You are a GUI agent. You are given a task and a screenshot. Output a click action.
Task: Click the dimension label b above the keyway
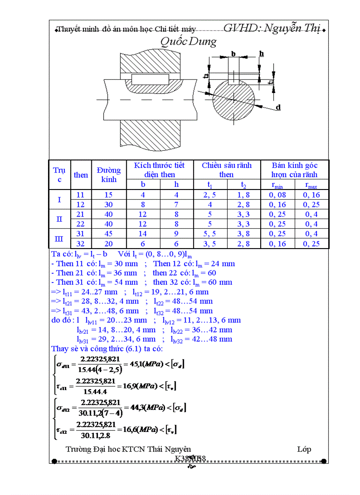tap(233, 54)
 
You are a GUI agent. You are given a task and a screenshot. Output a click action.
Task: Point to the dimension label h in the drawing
tap(261, 54)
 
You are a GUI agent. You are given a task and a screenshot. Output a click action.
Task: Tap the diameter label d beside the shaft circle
tap(278, 107)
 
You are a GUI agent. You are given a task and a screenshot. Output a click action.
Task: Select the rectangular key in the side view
tap(150, 80)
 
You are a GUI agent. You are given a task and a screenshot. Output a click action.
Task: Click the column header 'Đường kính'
tap(109, 175)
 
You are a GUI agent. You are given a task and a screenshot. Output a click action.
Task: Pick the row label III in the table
tap(59, 239)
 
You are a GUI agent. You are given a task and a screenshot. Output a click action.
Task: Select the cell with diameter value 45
tap(109, 234)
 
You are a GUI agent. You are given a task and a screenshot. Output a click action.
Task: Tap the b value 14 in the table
tap(143, 234)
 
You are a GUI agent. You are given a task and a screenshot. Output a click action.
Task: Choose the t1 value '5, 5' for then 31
tap(210, 234)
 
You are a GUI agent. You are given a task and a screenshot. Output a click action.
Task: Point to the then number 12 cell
tap(80, 205)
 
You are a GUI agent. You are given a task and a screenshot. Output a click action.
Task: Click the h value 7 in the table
tap(176, 205)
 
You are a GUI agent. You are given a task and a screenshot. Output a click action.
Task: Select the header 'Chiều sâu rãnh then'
tap(227, 170)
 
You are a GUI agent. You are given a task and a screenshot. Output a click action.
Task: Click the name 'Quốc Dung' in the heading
tap(188, 42)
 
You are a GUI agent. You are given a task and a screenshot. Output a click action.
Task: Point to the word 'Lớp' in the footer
tap(304, 449)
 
